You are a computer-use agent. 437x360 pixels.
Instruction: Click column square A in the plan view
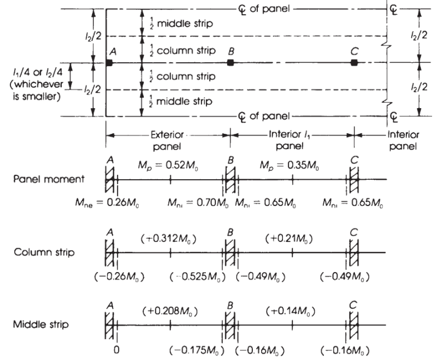[x=109, y=63]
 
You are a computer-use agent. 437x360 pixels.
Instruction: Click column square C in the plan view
[x=355, y=63]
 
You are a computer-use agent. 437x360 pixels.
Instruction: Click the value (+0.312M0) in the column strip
[x=169, y=240]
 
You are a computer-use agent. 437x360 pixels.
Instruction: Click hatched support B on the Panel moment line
[x=229, y=179]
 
